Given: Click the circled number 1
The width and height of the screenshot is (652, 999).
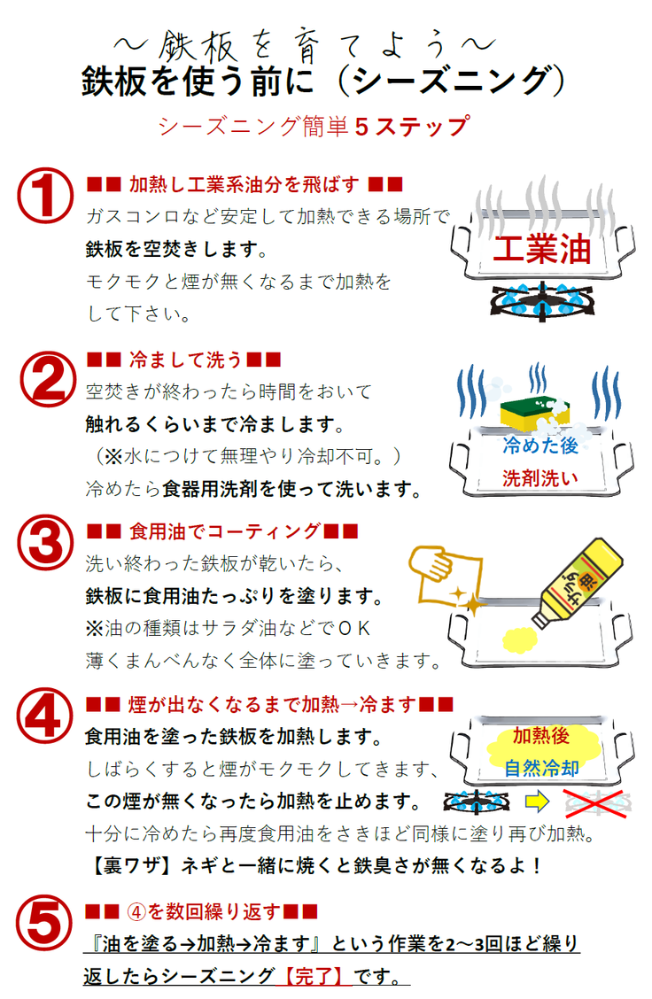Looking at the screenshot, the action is coord(44,195).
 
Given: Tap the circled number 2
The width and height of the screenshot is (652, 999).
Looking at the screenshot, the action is coord(48,379).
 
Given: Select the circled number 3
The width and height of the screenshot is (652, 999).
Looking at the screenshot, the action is coord(44,542).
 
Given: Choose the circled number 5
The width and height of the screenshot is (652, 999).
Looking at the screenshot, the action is coord(44,924).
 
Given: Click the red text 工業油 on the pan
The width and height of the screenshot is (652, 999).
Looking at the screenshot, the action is coord(542,249).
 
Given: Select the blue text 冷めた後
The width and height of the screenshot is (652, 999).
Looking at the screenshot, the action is coord(540,445).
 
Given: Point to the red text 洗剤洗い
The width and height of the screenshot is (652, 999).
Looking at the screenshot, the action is coord(540,478).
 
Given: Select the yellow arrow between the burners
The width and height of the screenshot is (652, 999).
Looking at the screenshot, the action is coord(537,802).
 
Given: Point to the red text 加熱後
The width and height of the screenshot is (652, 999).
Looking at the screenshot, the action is coord(541,735).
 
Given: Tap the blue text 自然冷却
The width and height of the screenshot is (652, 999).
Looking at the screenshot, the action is coord(541,769).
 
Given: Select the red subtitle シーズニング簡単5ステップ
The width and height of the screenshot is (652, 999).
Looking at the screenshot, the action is coord(314,126).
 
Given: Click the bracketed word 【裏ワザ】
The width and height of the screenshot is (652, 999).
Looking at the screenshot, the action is coord(132,865).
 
